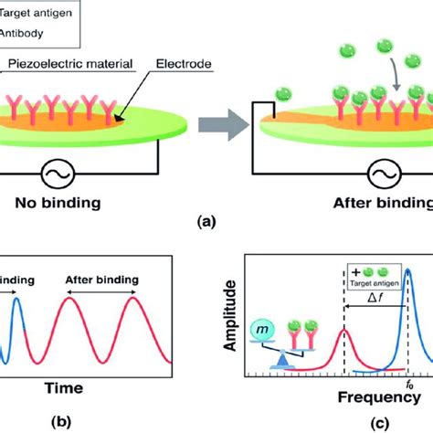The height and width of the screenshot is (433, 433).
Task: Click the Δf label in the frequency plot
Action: coord(372,297)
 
